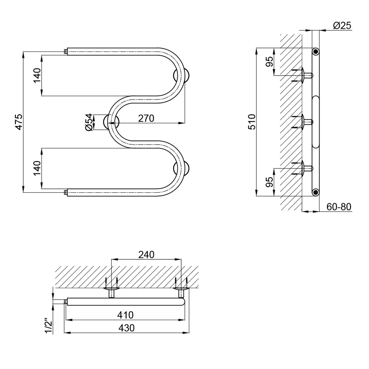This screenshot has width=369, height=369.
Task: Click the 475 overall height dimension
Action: click(x=19, y=122)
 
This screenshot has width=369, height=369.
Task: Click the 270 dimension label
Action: click(x=146, y=118)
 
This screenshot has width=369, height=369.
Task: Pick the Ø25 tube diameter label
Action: click(x=342, y=25)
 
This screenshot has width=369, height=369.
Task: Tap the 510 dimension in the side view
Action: click(x=252, y=122)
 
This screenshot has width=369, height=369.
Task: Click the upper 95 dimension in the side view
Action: click(x=270, y=62)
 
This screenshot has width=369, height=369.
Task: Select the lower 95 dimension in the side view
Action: click(x=270, y=182)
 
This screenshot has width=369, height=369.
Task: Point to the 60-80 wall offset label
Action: click(x=339, y=207)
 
